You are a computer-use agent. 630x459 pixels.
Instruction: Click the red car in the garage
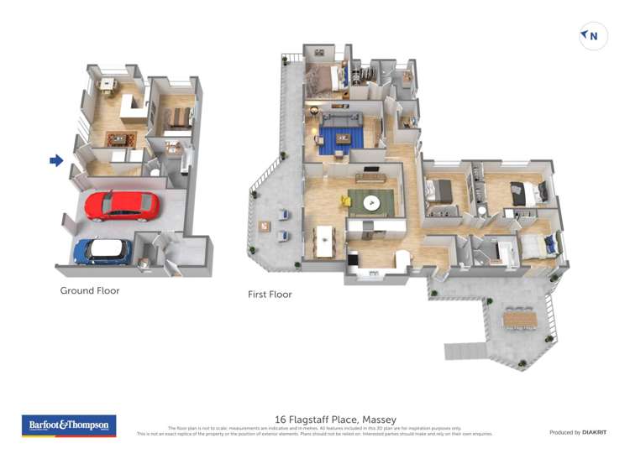(122, 205)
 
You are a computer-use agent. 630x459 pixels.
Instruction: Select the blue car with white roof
(102, 250)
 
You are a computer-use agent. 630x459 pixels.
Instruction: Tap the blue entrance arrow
(56, 160)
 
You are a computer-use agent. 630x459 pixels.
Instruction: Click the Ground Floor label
(90, 291)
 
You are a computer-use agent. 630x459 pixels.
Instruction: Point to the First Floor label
(270, 295)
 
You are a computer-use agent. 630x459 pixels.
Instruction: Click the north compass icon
(593, 36)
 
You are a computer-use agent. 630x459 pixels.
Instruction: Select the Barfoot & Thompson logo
(69, 425)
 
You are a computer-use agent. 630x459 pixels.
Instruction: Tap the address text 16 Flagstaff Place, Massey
(336, 420)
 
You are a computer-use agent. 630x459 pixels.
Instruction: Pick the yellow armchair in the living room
(346, 201)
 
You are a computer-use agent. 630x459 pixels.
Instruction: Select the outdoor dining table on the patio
(521, 318)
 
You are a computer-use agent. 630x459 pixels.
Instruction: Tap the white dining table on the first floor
(324, 240)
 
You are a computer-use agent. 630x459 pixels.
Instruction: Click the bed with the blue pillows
(538, 246)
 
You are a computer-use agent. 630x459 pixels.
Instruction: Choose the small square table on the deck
(265, 225)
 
